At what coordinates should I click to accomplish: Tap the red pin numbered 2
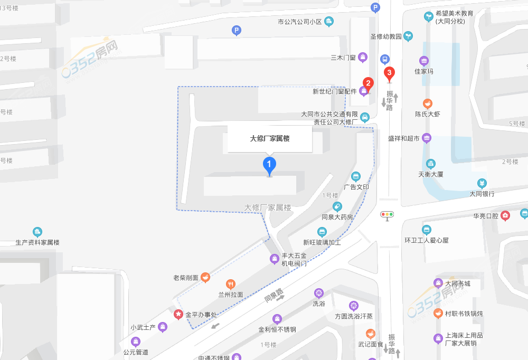point(368,83)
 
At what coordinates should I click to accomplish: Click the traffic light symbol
point(388,215)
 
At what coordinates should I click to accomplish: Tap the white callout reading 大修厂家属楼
point(270,139)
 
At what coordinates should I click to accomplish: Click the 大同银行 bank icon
point(482,183)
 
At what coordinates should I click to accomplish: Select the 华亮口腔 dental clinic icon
point(505,215)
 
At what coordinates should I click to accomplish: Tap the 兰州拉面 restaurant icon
point(230,284)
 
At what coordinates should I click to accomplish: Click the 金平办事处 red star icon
point(178,315)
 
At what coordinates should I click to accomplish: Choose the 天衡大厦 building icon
point(431,164)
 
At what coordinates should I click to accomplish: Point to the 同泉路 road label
point(274,296)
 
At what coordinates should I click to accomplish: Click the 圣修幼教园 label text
point(385,37)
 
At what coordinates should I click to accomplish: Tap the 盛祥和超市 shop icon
point(427,138)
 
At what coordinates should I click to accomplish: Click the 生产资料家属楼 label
point(37,242)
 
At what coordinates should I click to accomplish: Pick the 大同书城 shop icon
point(438,283)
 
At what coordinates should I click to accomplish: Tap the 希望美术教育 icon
point(429,16)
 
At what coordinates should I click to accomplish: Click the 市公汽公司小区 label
point(300,22)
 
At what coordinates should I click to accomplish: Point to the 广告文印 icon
point(356,176)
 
